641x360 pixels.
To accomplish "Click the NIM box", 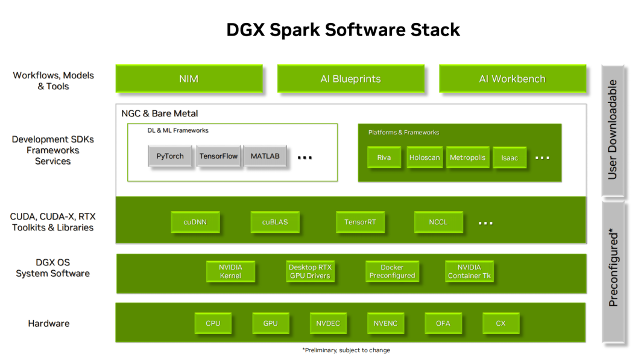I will point(189,79).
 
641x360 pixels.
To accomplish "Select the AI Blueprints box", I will point(350,79).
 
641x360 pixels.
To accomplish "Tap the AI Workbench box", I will point(512,79).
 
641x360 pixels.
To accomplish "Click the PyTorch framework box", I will point(170,156).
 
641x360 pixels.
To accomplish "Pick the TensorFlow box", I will point(218,156).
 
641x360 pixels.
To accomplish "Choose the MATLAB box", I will point(265,156).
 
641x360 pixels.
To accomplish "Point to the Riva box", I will point(384,157).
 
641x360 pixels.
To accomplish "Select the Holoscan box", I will point(425,157).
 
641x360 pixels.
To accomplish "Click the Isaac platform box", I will point(510,158).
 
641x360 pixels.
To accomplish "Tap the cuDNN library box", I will point(195,222).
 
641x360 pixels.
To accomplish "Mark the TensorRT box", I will point(360,222).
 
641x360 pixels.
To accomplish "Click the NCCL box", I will point(438,222).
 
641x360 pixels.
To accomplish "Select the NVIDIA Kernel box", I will point(230,271).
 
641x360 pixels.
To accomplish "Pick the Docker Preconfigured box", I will point(392,271).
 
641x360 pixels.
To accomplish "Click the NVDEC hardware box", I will point(328,323).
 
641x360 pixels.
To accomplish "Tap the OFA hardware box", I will point(443,323).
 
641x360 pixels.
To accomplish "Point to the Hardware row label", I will point(49,324).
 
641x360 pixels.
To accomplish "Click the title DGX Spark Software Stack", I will point(343,30).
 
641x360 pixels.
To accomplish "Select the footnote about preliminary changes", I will point(346,350).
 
